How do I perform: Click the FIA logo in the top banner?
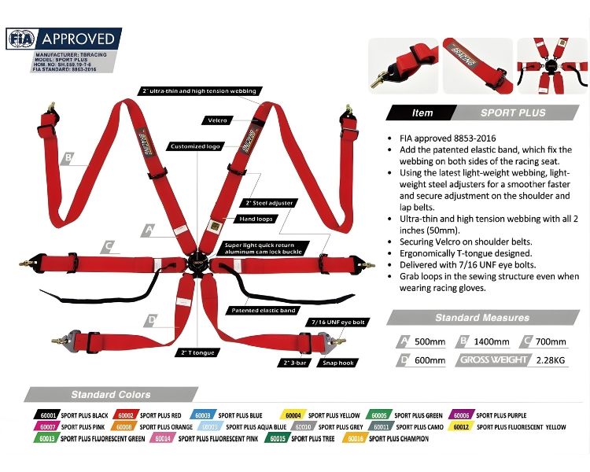point(21,38)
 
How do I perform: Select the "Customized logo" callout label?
point(195,146)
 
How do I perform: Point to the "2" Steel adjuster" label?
point(270,202)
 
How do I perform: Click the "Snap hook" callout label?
point(337,363)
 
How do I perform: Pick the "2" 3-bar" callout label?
point(293,363)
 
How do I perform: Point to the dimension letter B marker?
point(69,158)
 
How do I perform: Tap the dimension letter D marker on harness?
point(150,319)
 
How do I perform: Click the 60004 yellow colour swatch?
point(293,415)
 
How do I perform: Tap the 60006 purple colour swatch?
point(462,415)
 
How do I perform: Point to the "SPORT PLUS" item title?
point(513,112)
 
